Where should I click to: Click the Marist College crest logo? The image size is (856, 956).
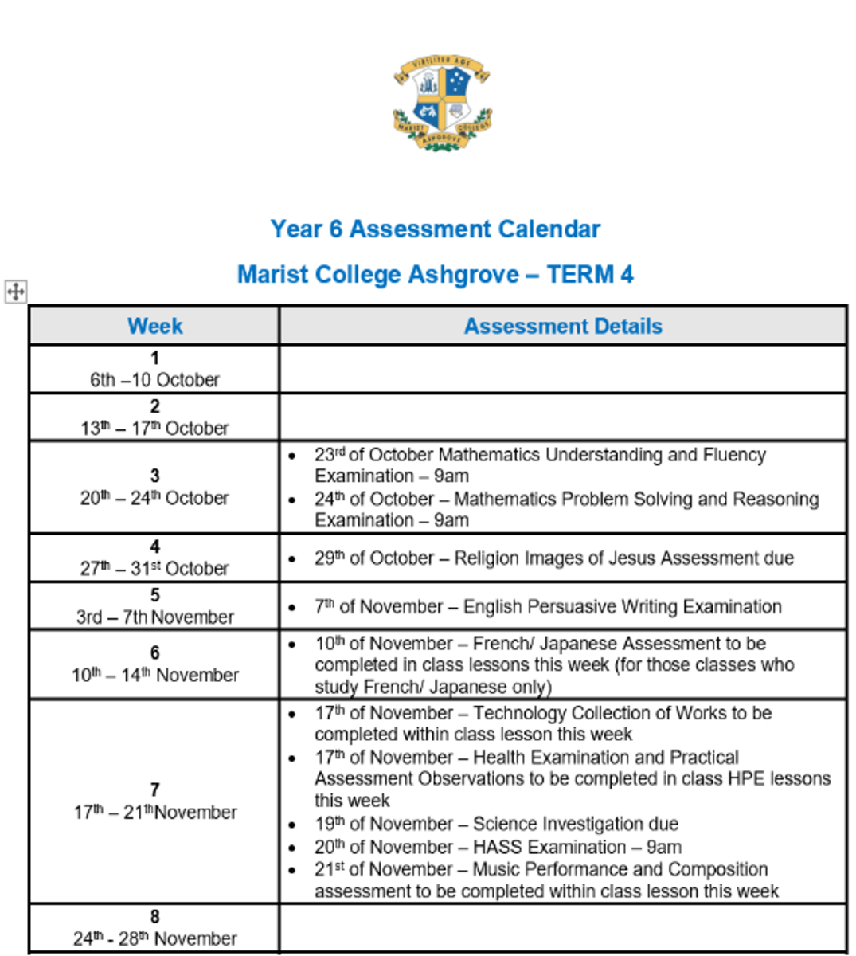click(x=441, y=102)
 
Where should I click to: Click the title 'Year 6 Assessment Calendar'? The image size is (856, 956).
click(x=435, y=229)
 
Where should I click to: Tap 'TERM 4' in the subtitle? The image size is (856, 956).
click(x=590, y=275)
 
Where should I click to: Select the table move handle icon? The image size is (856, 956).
click(x=16, y=292)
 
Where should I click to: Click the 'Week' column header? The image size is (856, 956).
click(x=154, y=326)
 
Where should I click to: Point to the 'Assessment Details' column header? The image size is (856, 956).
click(x=563, y=326)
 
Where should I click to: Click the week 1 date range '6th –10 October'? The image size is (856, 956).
click(x=154, y=380)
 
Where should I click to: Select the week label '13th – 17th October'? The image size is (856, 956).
click(x=154, y=429)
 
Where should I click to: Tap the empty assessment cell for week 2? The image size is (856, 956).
click(x=563, y=417)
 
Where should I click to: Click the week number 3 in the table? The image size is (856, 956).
click(x=154, y=476)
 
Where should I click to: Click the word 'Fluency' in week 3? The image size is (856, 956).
click(x=734, y=455)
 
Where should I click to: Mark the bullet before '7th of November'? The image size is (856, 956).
click(x=293, y=607)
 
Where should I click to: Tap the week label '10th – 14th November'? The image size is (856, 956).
click(x=154, y=676)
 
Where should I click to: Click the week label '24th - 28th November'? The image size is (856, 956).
click(x=154, y=938)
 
